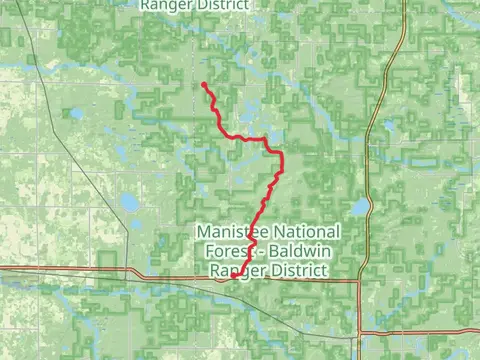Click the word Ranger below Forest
click(x=234, y=270)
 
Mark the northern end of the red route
click(x=204, y=84)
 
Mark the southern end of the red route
click(x=231, y=278)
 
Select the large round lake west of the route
click(x=130, y=203)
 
